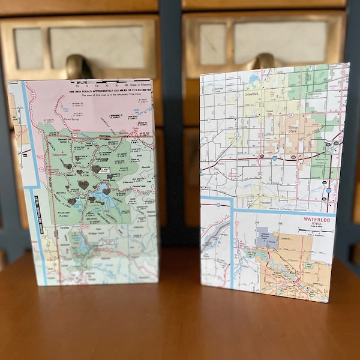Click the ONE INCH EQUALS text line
coord(110,91)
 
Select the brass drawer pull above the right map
coord(265,62)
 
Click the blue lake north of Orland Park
coord(255,79)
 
